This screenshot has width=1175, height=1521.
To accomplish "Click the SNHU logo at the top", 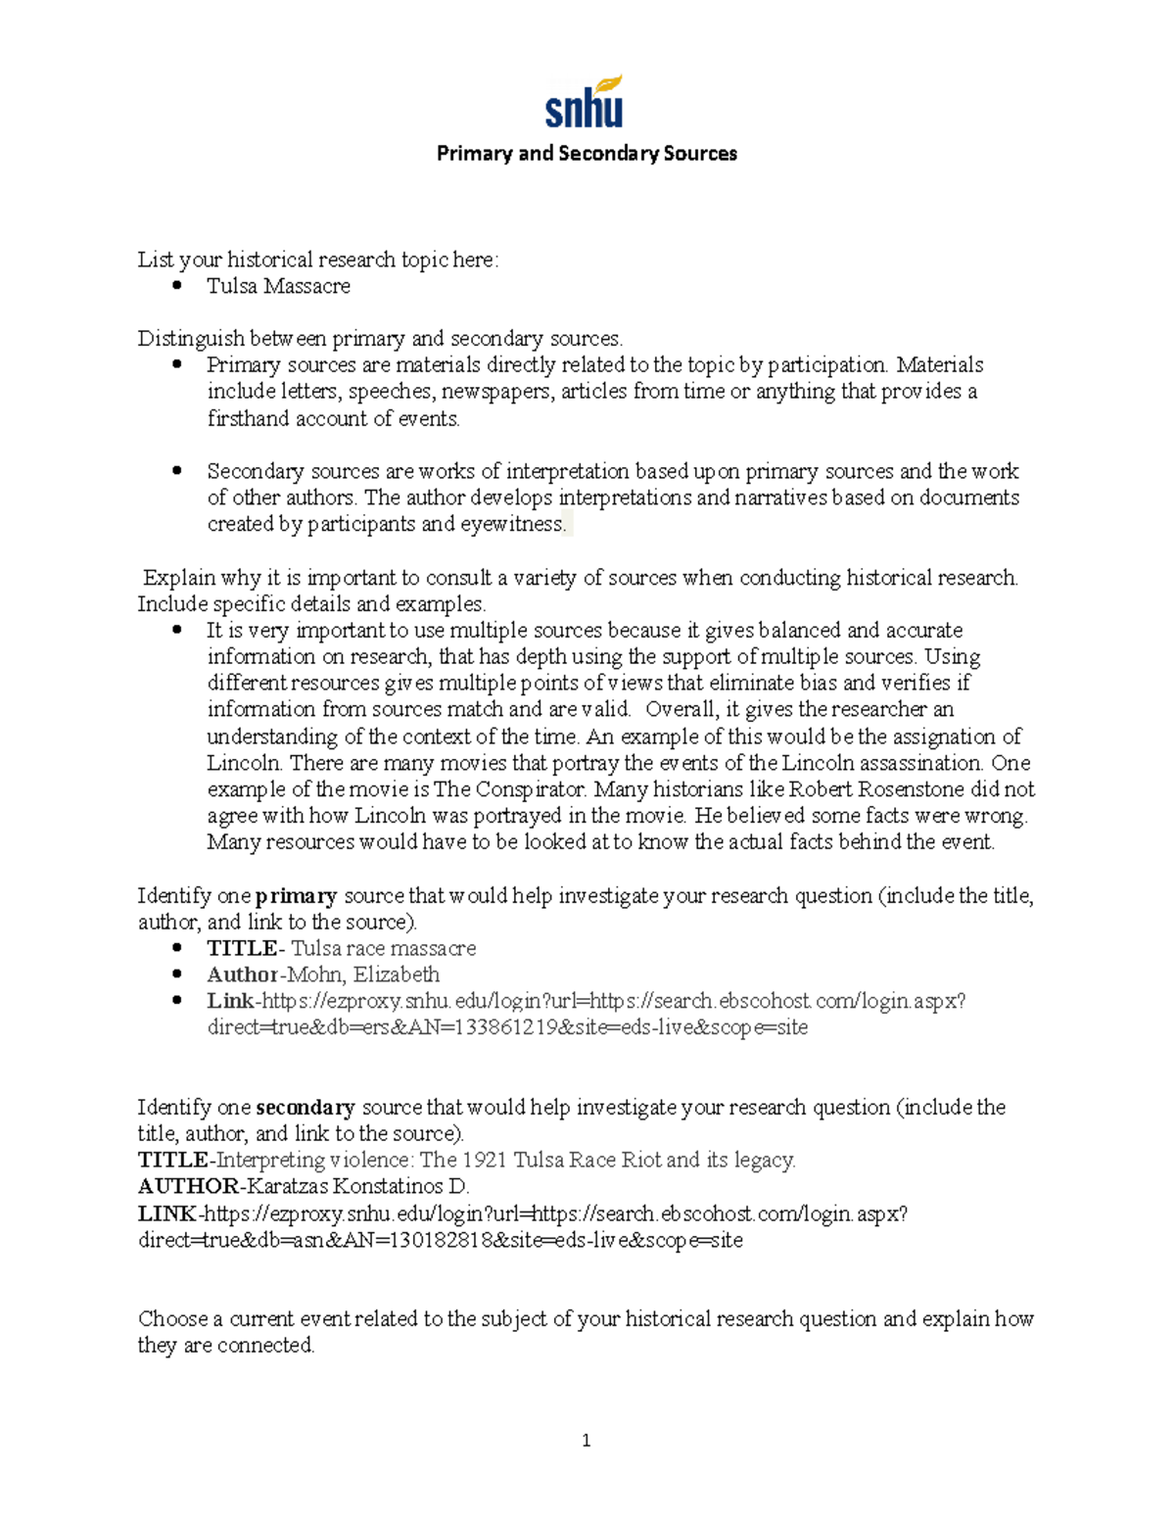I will coord(585,103).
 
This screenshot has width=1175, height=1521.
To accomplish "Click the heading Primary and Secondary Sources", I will coord(587,154).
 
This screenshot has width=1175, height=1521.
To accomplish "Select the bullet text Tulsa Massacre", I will coord(278,286).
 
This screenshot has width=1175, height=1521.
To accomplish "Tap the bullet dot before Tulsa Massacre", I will coord(177,285).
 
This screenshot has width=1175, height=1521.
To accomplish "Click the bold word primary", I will coord(296,895).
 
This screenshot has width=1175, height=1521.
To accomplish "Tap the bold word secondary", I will coord(305,1107).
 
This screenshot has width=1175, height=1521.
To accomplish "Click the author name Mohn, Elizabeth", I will coord(362,974).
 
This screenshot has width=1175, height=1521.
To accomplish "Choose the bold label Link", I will coord(229,1001).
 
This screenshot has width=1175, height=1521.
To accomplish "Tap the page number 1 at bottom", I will coord(586,1440).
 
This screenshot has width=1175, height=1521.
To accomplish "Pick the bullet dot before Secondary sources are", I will coord(177,470).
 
